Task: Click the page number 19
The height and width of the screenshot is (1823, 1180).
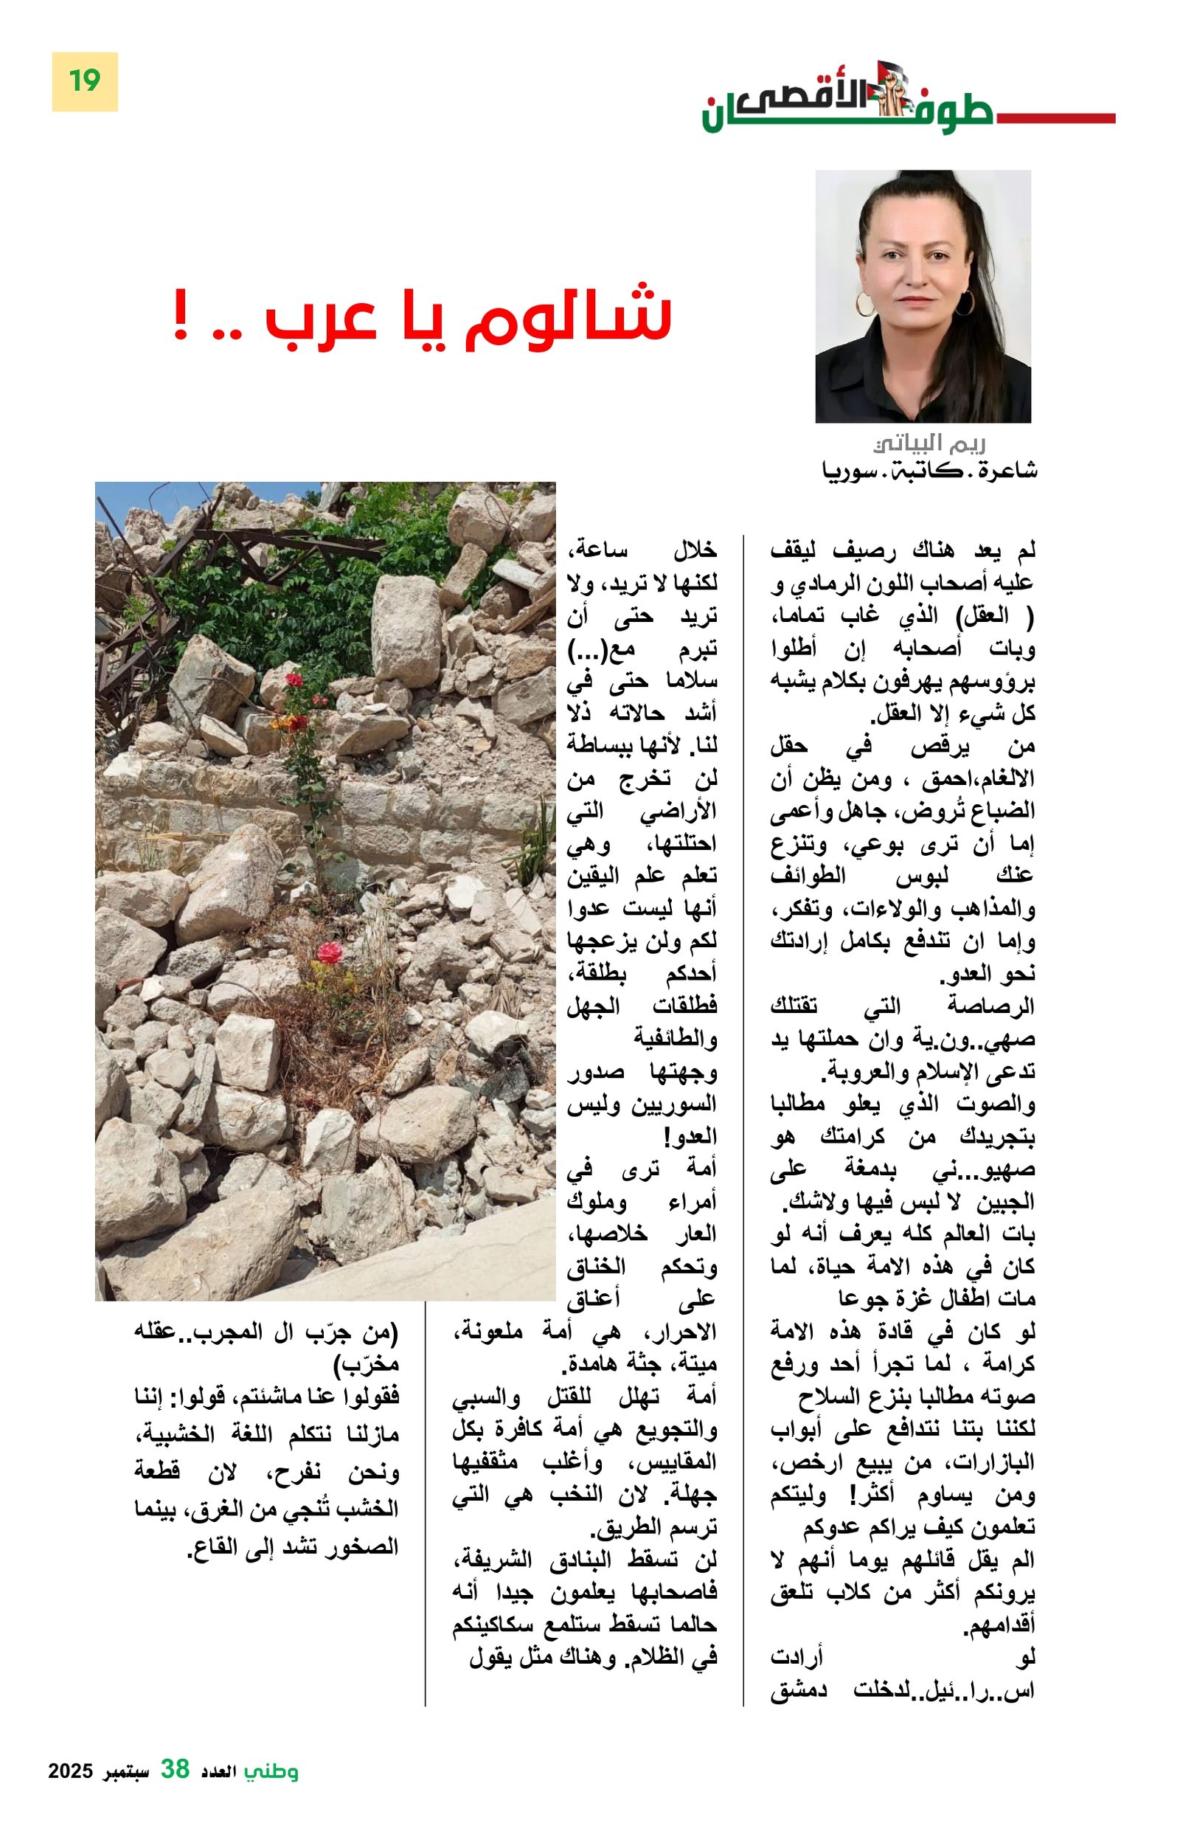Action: pos(84,80)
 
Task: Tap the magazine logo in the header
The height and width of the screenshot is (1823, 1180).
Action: pos(846,103)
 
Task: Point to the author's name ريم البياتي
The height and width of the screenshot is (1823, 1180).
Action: pos(929,443)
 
